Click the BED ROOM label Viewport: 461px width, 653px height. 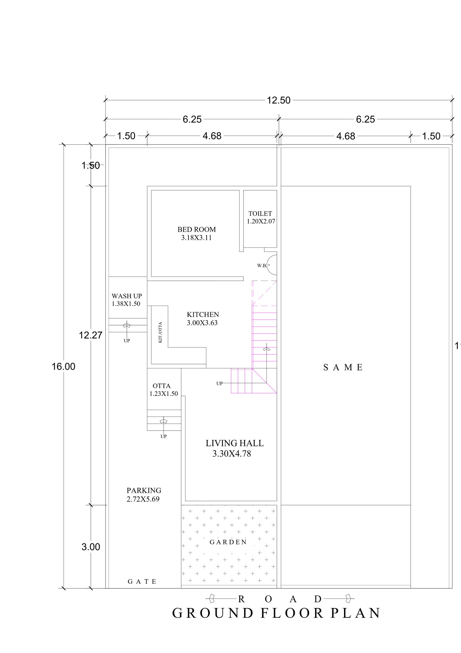197,229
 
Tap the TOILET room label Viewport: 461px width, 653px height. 260,214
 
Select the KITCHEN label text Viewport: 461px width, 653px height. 203,315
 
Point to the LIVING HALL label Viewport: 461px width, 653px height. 235,443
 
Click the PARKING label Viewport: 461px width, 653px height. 144,490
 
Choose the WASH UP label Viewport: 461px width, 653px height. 127,296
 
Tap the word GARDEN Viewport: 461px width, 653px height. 228,542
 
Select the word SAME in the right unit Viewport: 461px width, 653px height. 343,368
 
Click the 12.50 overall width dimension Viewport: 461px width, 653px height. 279,100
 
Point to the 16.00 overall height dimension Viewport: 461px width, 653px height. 63,367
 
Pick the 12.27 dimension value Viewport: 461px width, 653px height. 91,335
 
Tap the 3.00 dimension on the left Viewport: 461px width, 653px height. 91,547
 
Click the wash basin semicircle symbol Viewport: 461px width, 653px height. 272,265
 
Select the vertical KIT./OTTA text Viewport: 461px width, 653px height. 160,332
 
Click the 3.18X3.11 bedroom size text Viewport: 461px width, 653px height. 197,238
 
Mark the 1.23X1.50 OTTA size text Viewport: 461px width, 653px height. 164,394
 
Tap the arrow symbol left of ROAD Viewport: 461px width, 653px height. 212,599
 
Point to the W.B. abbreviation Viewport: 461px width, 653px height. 262,266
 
